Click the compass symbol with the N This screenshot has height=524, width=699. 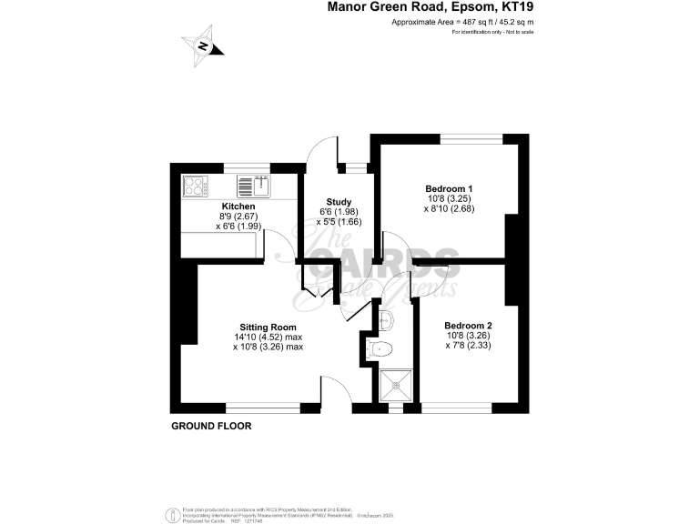[x=203, y=47]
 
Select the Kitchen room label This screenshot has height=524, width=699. [x=238, y=207]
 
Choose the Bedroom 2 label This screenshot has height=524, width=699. [x=468, y=326]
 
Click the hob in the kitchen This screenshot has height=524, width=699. [x=195, y=186]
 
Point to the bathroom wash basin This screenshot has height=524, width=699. [x=386, y=317]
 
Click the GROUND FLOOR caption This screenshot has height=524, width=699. [x=211, y=426]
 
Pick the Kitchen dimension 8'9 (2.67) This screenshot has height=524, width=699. [x=238, y=217]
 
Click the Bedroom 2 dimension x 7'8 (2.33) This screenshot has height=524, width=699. [x=468, y=346]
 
